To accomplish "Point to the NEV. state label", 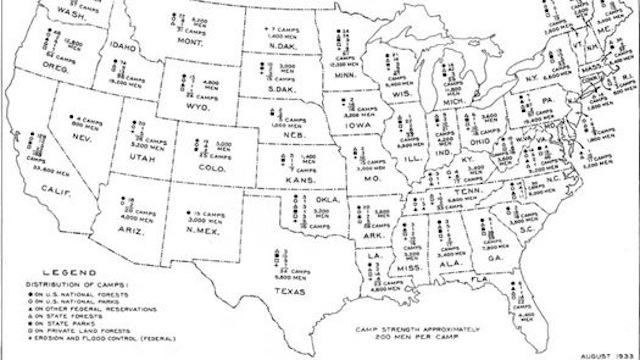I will pos(81,144).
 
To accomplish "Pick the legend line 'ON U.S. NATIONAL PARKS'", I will pos(69,303).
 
